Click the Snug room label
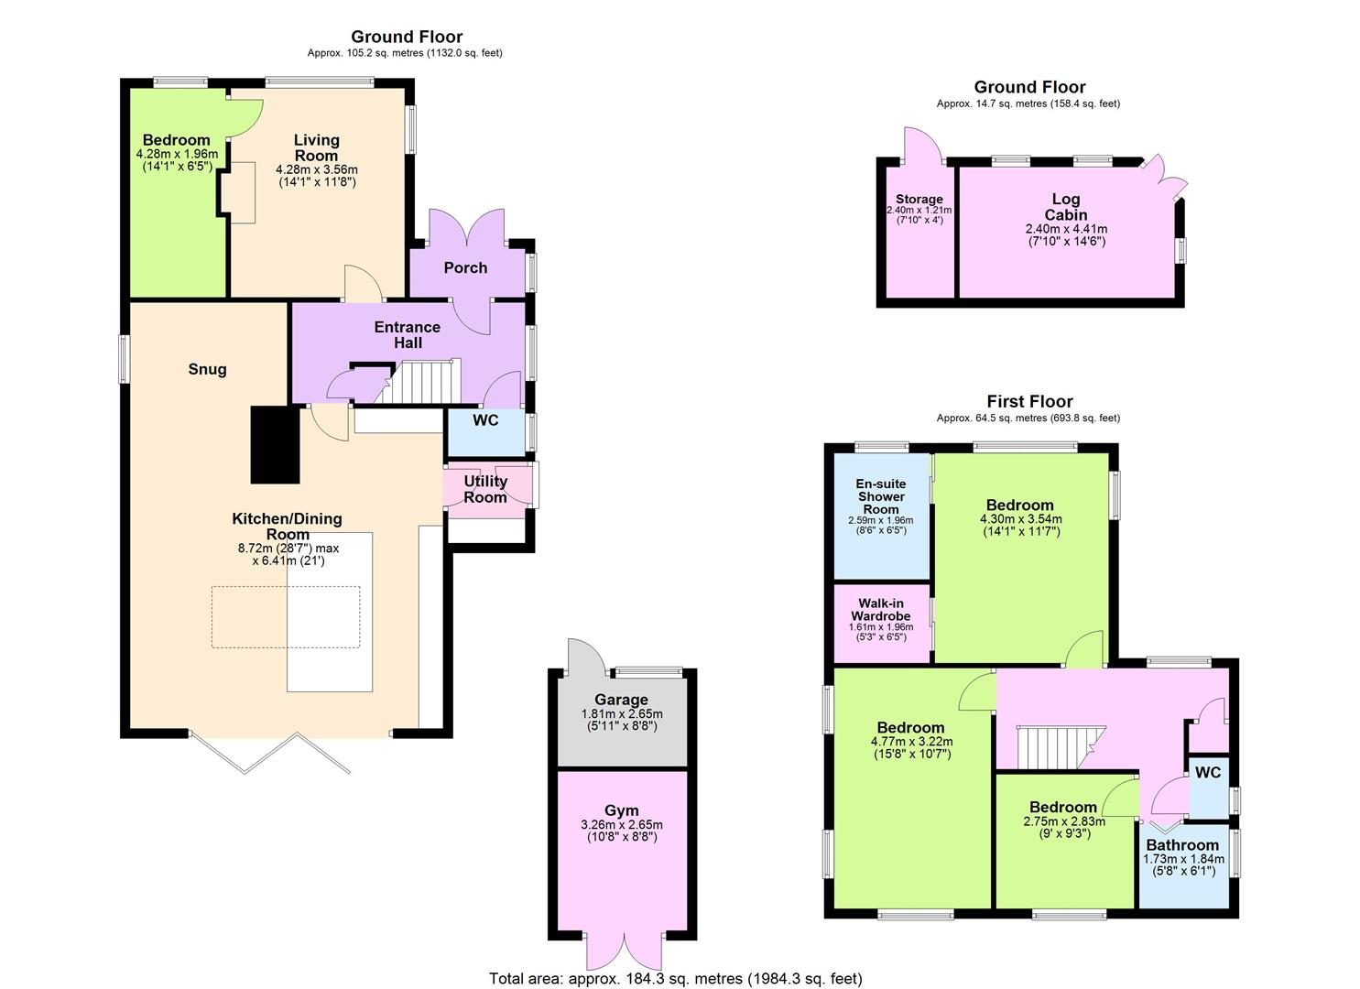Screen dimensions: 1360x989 click(x=207, y=369)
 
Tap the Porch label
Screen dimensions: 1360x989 click(x=465, y=267)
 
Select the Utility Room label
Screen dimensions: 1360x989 click(x=485, y=489)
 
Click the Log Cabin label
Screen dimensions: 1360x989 click(x=1065, y=207)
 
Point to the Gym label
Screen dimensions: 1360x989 click(x=621, y=810)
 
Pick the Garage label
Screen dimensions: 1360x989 click(x=621, y=700)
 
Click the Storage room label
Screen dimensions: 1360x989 click(x=919, y=199)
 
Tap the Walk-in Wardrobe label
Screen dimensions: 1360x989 click(x=880, y=610)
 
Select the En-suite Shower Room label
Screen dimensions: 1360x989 click(x=880, y=496)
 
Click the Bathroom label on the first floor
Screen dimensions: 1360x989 click(x=1182, y=845)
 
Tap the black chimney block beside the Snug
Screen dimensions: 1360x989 click(x=275, y=445)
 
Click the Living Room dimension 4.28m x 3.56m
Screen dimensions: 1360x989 click(x=316, y=169)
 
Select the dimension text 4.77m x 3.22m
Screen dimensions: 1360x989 click(x=911, y=742)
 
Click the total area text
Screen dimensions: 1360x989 click(x=676, y=979)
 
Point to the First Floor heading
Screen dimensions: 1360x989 click(x=1029, y=401)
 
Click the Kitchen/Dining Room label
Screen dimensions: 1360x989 click(x=288, y=527)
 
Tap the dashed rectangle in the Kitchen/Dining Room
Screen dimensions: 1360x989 click(x=286, y=617)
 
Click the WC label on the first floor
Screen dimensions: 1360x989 click(x=1208, y=772)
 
